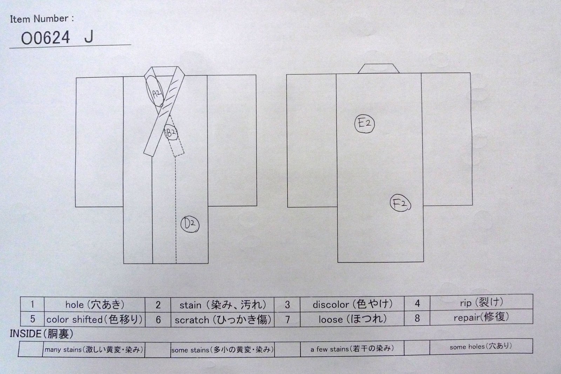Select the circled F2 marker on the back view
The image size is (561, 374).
(x=391, y=203)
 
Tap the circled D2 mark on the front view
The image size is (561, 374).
(x=181, y=225)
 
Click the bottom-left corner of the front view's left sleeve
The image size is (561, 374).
(x=76, y=207)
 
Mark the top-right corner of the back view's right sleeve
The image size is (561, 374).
(x=470, y=73)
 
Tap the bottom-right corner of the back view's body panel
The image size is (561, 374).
(x=424, y=262)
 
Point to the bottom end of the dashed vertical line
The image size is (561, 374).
(x=176, y=263)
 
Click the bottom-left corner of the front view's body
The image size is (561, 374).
(x=124, y=264)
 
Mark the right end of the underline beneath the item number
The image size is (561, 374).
(x=131, y=45)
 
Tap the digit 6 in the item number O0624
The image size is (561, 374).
(x=46, y=38)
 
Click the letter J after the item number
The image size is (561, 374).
(x=89, y=37)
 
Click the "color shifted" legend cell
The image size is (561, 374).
(x=95, y=319)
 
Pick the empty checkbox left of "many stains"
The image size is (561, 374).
(x=31, y=349)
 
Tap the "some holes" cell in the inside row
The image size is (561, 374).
(x=481, y=346)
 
